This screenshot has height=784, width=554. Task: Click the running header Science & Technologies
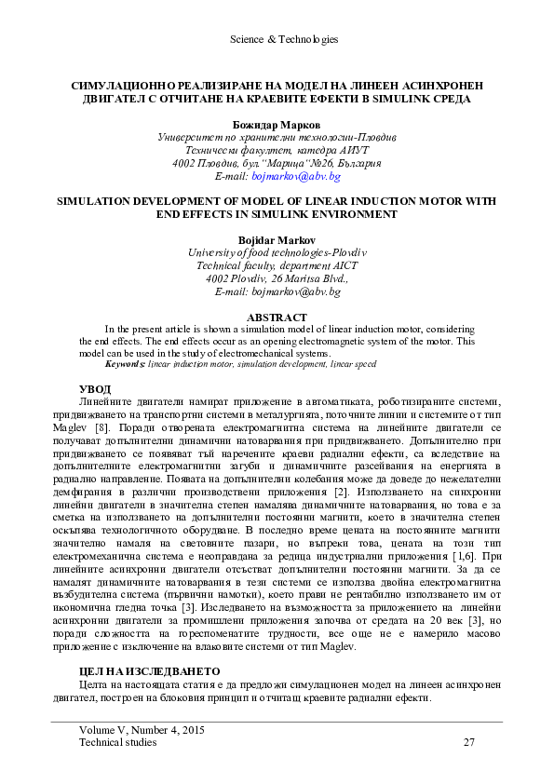[277, 40]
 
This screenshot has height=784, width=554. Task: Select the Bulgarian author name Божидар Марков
[277, 123]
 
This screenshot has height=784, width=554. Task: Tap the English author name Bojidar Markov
[277, 238]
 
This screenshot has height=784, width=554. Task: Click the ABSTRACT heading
[277, 317]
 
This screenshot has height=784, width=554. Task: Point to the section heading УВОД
[94, 387]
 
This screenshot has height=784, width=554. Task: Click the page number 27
[468, 742]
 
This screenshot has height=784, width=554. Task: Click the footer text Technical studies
[117, 742]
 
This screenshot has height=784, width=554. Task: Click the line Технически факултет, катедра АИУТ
[277, 149]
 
